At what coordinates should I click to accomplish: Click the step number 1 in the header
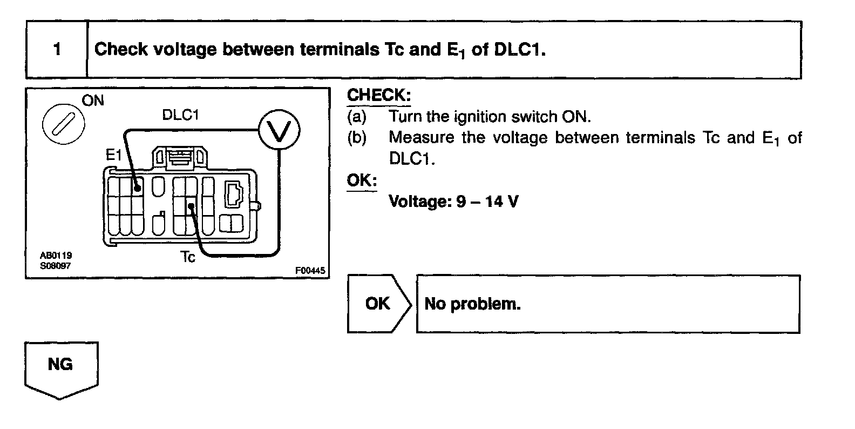pyautogui.click(x=57, y=50)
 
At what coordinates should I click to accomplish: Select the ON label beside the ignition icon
pyautogui.click(x=93, y=101)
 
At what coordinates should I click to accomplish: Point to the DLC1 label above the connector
pyautogui.click(x=181, y=115)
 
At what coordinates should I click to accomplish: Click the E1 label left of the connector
pyautogui.click(x=114, y=156)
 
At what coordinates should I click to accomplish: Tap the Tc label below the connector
pyautogui.click(x=188, y=258)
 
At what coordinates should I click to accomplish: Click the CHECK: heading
pyautogui.click(x=378, y=95)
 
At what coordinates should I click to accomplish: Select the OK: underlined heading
pyautogui.click(x=362, y=180)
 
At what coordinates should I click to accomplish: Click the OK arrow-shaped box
pyautogui.click(x=378, y=304)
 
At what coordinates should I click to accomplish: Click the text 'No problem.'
pyautogui.click(x=472, y=304)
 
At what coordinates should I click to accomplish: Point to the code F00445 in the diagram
pyautogui.click(x=310, y=271)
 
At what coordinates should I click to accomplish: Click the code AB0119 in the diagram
pyautogui.click(x=56, y=255)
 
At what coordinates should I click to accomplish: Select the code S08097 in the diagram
pyautogui.click(x=55, y=265)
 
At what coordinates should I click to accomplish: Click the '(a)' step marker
pyautogui.click(x=356, y=117)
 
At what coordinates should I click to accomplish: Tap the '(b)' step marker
pyautogui.click(x=356, y=138)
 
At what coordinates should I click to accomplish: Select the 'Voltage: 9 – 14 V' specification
pyautogui.click(x=453, y=202)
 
